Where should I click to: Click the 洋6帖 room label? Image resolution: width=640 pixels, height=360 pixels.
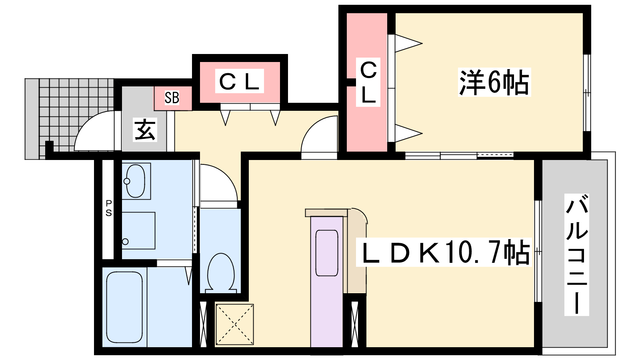[x=494, y=83]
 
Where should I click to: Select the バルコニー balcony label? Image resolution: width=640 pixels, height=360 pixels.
[x=576, y=254]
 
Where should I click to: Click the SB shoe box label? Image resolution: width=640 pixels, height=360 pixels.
[x=172, y=98]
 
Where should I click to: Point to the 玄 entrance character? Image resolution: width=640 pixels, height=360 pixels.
[x=145, y=129]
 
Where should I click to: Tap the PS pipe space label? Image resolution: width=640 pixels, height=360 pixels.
[x=109, y=208]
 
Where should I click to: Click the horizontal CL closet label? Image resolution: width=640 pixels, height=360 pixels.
[x=240, y=81]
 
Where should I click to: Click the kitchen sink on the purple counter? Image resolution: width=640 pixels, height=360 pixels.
[x=327, y=253]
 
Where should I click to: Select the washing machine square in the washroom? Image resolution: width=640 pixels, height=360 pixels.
[x=138, y=230]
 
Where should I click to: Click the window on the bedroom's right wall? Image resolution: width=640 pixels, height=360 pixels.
[x=587, y=92]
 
